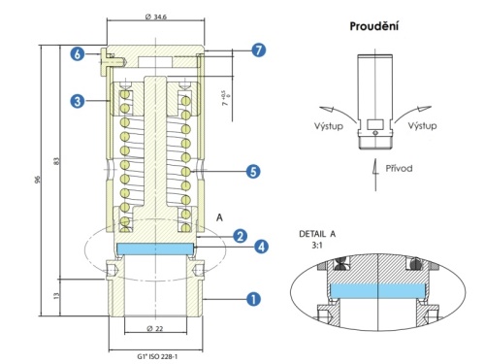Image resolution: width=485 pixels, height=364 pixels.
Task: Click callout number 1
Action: click(x=253, y=299)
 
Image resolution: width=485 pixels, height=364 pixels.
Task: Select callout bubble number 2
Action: click(x=239, y=235)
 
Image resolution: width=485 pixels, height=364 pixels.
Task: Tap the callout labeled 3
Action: click(x=76, y=100)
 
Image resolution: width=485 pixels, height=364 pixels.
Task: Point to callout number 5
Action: click(x=252, y=172)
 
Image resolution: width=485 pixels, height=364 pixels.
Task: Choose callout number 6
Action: click(x=76, y=54)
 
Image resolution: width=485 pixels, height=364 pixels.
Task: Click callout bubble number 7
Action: click(x=258, y=50)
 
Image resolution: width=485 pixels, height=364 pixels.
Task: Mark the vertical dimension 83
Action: click(x=56, y=161)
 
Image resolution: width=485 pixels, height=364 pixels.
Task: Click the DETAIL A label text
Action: click(x=318, y=235)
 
